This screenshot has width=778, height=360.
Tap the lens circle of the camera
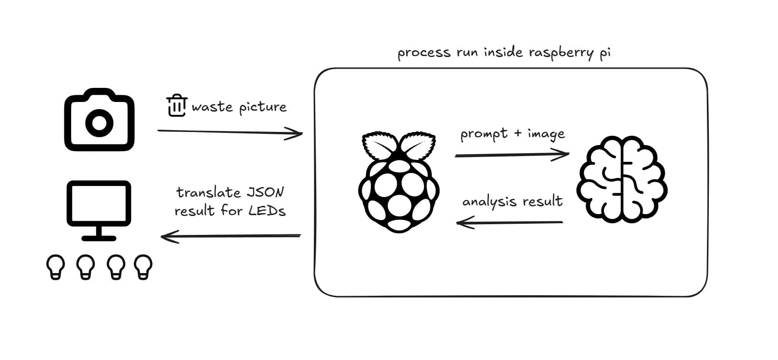(99, 123)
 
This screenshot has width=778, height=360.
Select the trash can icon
(176, 105)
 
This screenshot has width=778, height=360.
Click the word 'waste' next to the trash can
(212, 107)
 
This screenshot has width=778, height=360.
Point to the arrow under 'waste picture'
(230, 132)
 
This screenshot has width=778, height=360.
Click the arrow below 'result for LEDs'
(231, 236)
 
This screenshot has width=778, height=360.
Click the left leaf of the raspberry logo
(380, 144)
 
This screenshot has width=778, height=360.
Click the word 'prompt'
(484, 134)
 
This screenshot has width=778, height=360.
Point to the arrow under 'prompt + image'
(512, 155)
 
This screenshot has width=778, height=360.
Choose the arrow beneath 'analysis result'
(510, 223)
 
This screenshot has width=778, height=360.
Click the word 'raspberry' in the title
(560, 53)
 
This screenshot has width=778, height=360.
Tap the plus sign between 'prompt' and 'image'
(517, 133)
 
